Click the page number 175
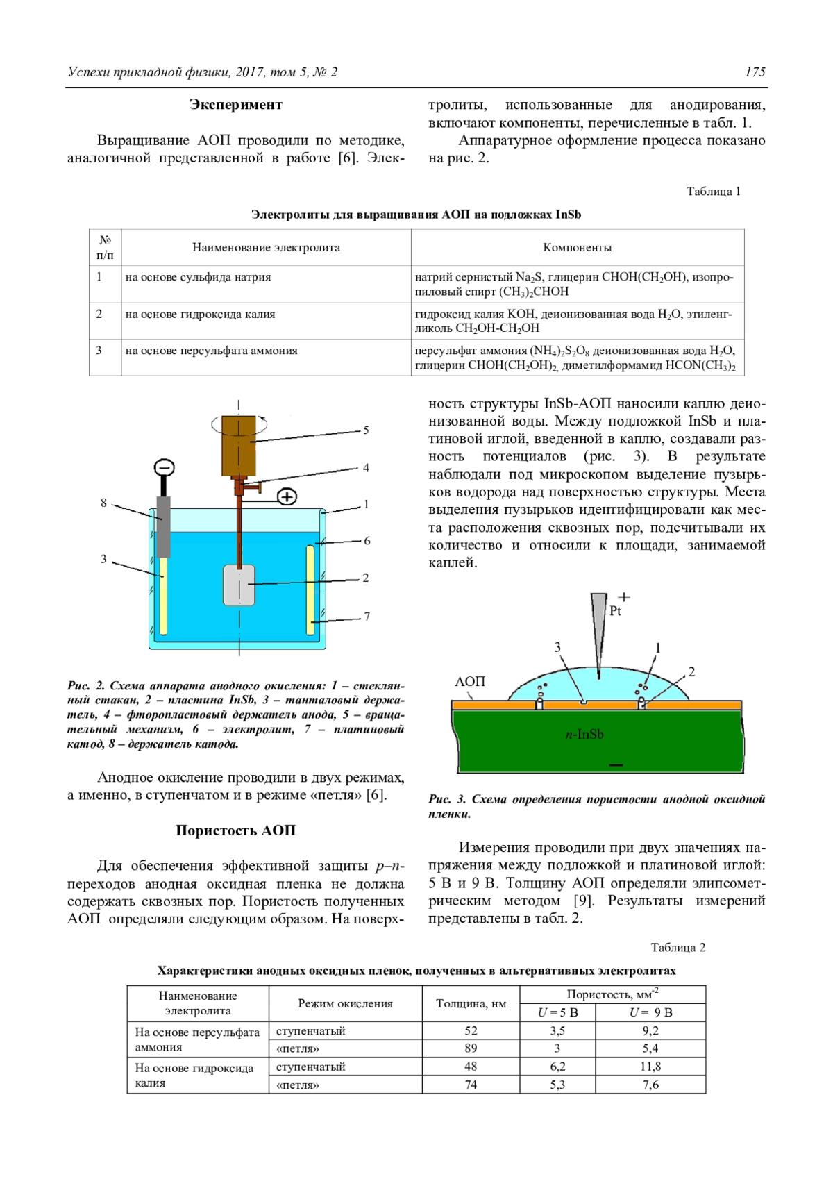pos(755,72)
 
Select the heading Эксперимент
pos(236,105)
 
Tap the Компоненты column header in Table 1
pos(577,247)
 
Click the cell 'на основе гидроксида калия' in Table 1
pos(200,314)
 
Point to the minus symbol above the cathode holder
pos(164,467)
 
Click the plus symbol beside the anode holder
pos(287,496)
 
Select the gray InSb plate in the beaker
pos(239,585)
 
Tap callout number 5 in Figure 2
pos(366,430)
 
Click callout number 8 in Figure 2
pos(103,503)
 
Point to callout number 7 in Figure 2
pos(367,616)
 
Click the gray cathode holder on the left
pos(163,526)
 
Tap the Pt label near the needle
pos(615,611)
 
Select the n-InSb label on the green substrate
pos(584,734)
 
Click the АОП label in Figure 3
pos(470,681)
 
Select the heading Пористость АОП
pos(235,830)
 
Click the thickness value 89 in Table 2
pos(471,1048)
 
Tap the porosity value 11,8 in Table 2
pos(650,1067)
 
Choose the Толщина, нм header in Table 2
pos(471,1003)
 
